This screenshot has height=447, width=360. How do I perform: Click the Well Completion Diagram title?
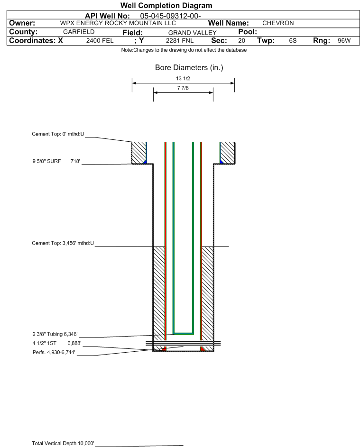pos(166,5)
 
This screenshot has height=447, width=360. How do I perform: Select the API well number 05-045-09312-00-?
pos(170,16)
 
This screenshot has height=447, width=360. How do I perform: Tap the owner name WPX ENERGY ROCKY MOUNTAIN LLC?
pos(118,23)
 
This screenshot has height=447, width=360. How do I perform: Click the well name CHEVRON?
pos(278,23)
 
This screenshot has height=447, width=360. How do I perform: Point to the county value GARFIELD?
pos(79,32)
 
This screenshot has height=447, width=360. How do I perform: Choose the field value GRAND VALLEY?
pos(192,33)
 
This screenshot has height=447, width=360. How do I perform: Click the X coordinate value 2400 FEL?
pos(100,41)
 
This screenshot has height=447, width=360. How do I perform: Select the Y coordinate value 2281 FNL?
pos(180,41)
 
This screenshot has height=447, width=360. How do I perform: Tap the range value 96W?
pos(344,41)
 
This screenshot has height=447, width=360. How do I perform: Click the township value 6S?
pos(293,41)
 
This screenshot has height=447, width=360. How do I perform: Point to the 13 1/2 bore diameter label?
pos(183,78)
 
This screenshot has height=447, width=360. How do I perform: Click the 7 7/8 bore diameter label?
pos(183,88)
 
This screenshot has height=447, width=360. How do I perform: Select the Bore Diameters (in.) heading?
pos(189,68)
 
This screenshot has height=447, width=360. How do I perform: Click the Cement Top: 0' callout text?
pos(58,134)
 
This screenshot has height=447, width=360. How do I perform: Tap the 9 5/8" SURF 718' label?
pos(56,161)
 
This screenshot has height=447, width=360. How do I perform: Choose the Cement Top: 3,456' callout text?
pos(63,243)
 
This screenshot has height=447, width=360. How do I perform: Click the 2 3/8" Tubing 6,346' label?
pos(55,334)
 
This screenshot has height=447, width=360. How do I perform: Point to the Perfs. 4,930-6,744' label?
pos(54,352)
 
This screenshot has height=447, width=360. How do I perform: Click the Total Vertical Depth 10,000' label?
pos(63,443)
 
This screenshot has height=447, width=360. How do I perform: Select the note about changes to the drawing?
pos(184,50)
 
